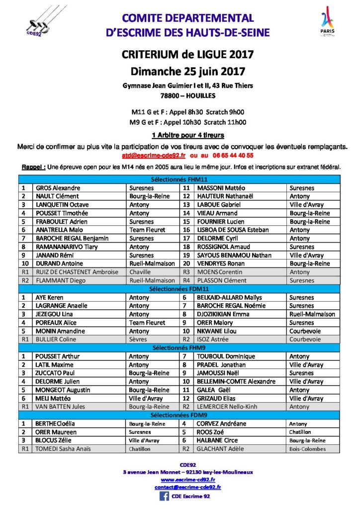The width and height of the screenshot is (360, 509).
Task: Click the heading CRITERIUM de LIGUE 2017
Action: click(x=188, y=54)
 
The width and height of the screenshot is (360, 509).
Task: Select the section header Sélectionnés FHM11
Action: click(x=180, y=180)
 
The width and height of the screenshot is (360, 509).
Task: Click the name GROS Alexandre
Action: click(x=58, y=188)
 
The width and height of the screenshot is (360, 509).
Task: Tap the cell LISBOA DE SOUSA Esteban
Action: click(x=226, y=230)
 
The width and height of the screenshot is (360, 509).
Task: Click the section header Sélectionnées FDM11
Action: click(x=180, y=289)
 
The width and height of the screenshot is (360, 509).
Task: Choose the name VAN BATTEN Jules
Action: click(x=60, y=407)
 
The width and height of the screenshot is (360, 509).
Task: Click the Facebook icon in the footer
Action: click(x=164, y=496)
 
